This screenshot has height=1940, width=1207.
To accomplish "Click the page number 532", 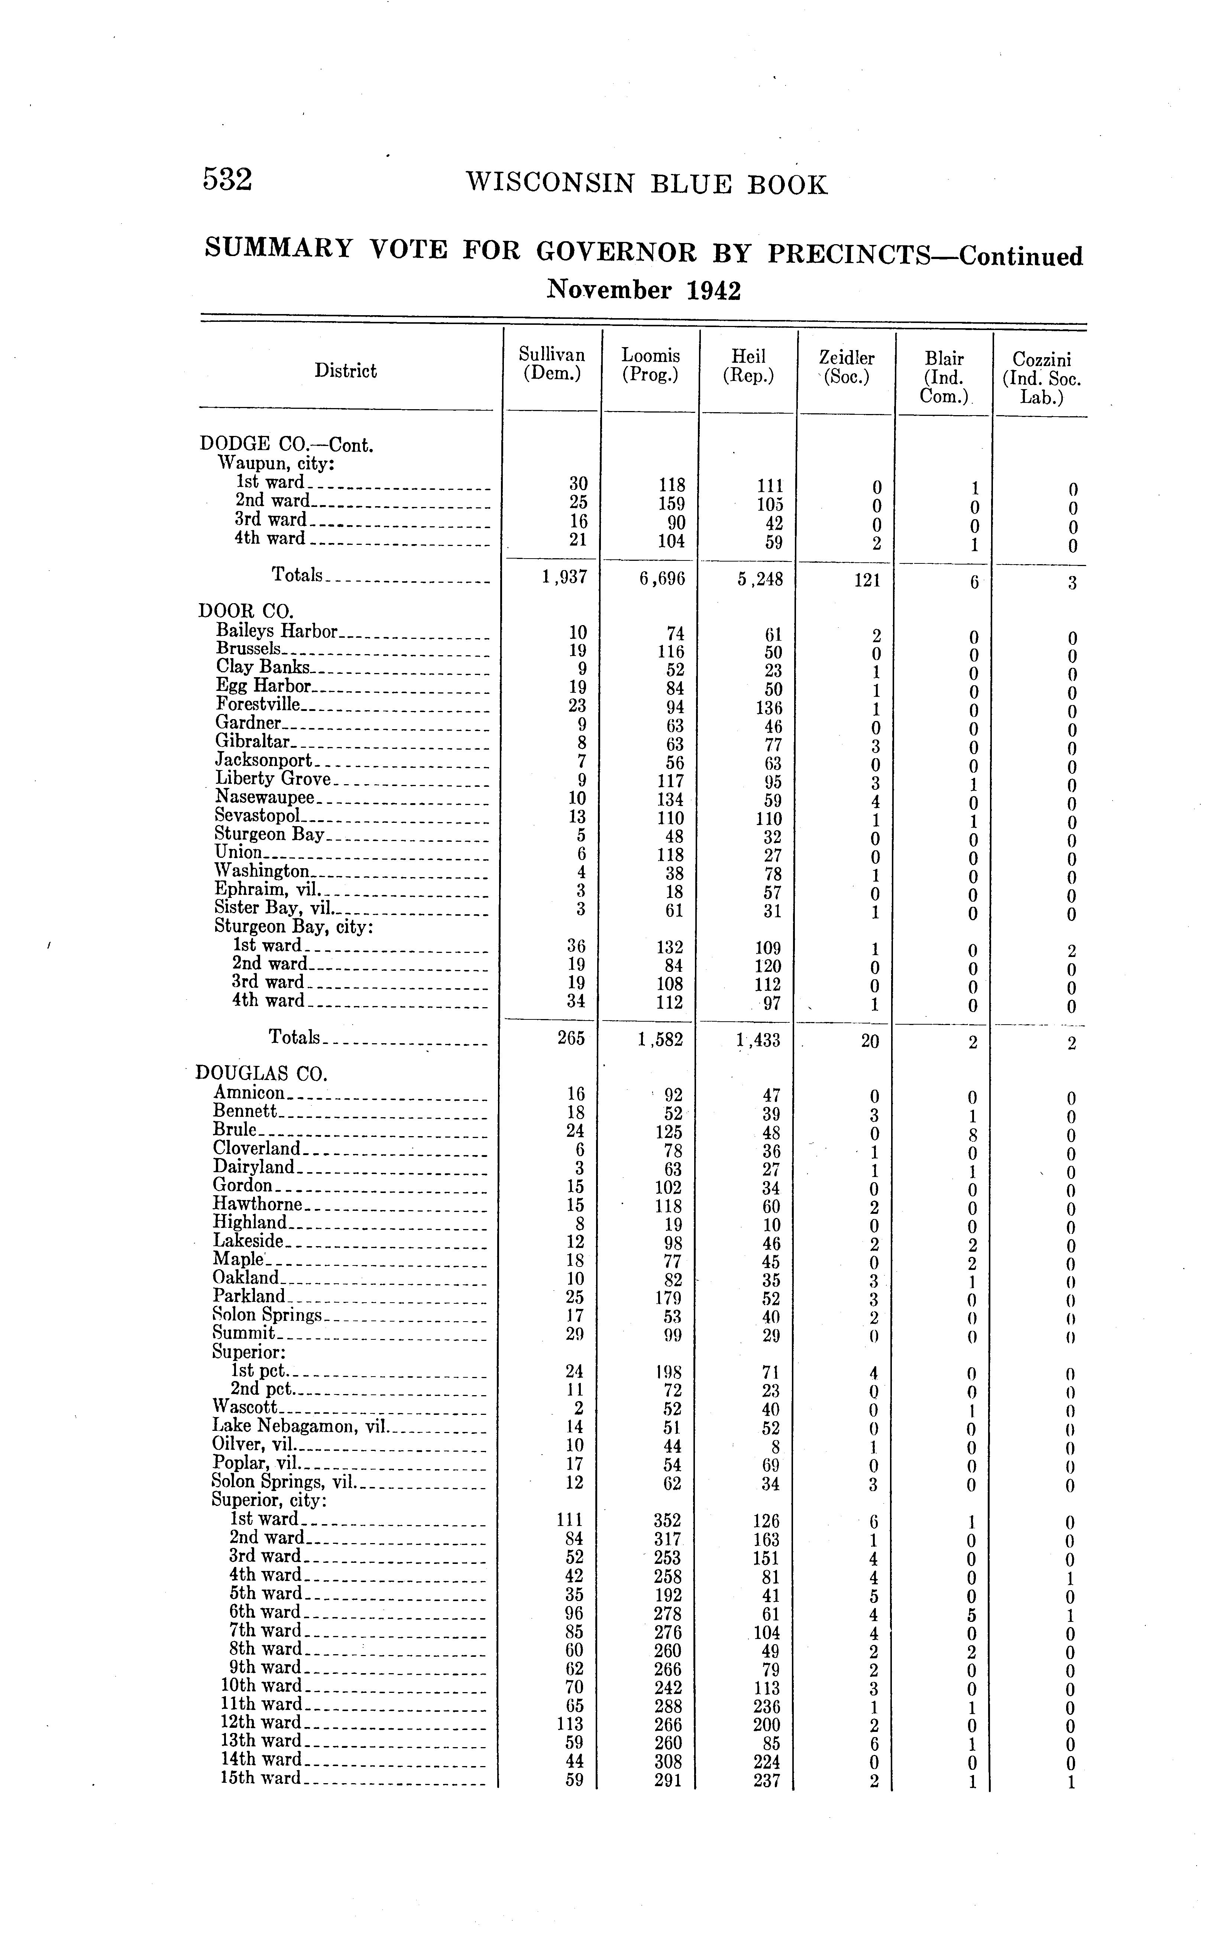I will point(227,180).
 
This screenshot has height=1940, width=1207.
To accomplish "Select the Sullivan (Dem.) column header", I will point(551,364).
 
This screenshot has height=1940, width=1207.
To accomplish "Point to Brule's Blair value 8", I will point(972,1135).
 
